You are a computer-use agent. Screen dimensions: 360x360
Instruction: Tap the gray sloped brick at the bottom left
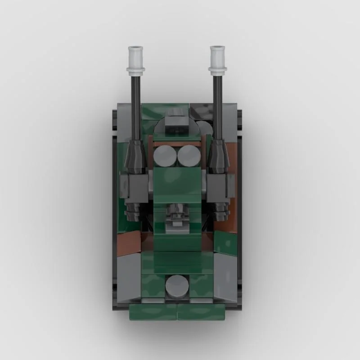130,274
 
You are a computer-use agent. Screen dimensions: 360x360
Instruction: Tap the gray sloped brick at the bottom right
225,274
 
